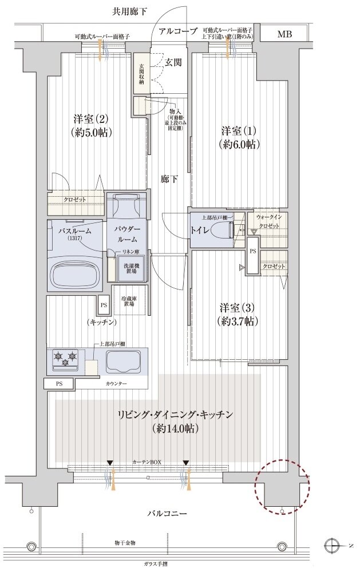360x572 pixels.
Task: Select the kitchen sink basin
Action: (x=123, y=362)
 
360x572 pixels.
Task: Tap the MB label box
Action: (x=284, y=34)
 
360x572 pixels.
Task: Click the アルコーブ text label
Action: (x=178, y=31)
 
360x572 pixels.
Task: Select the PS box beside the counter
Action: (x=60, y=384)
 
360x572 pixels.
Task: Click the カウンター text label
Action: (x=116, y=383)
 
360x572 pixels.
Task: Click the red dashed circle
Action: (x=282, y=486)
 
